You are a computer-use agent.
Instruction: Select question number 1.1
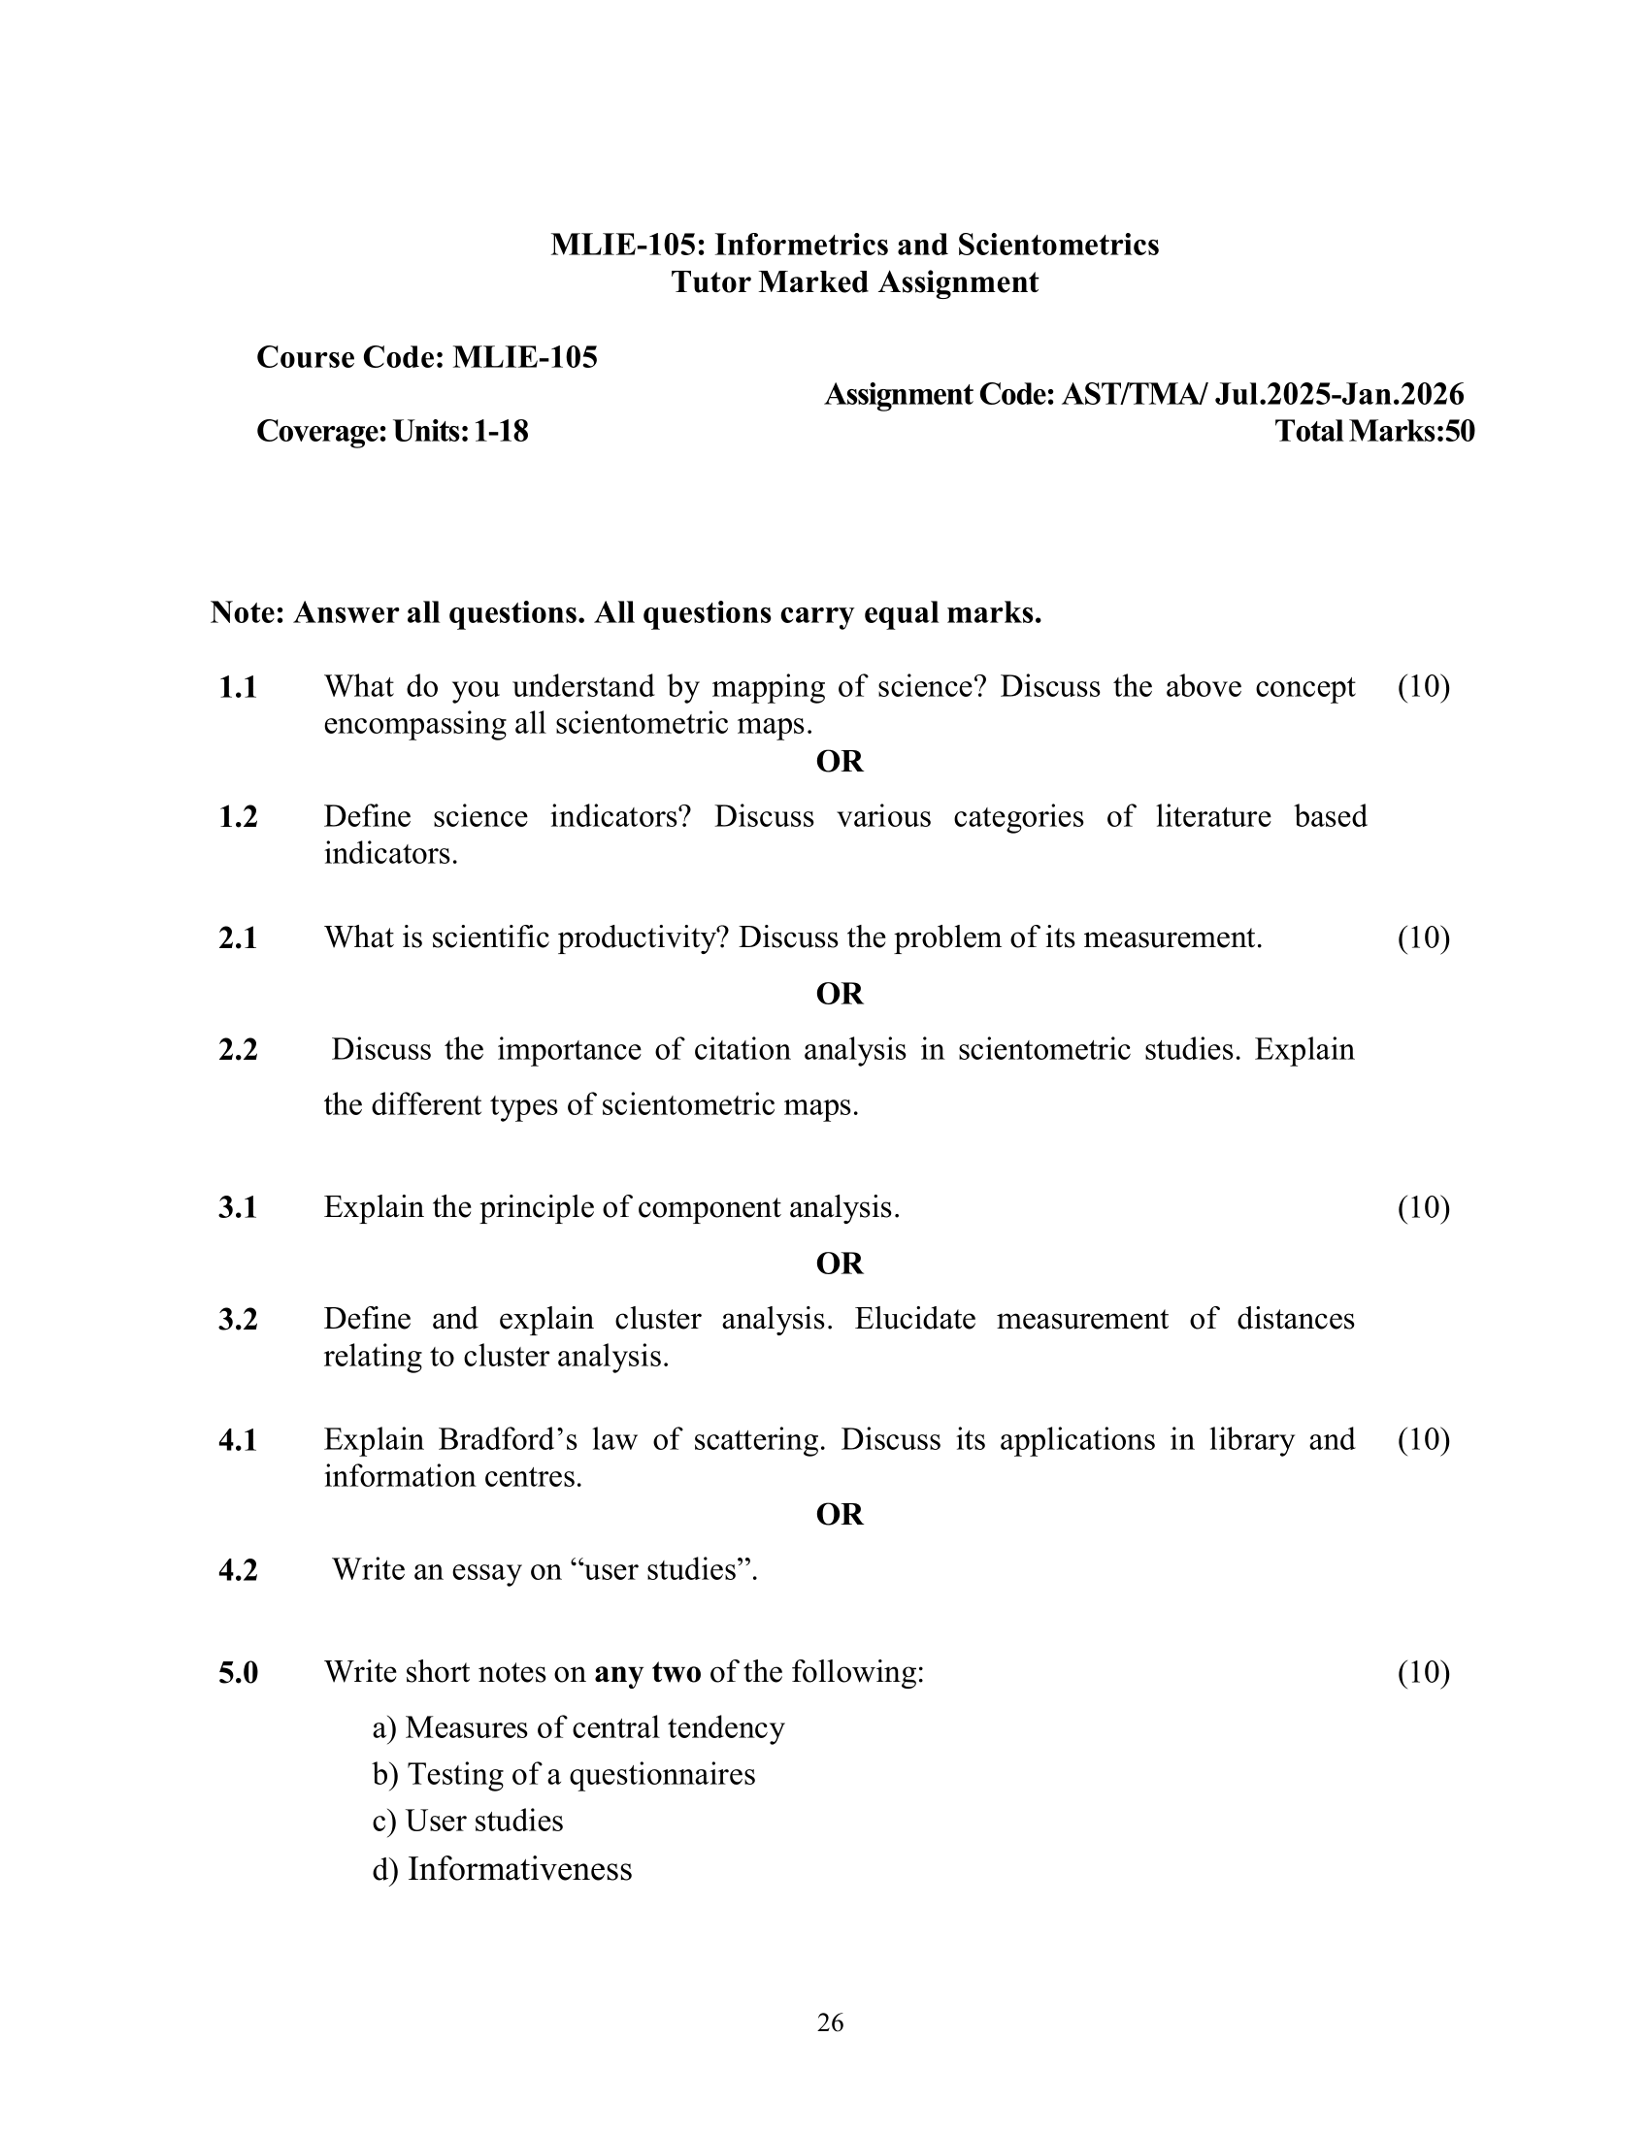[x=238, y=688]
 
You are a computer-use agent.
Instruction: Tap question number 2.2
[x=238, y=1050]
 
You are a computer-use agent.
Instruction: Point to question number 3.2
[x=238, y=1320]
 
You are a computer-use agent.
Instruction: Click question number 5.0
[x=238, y=1673]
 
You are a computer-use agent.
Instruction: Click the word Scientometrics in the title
[x=1058, y=245]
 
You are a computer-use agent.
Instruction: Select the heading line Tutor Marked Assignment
[x=854, y=282]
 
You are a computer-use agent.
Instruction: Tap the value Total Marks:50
[x=1374, y=431]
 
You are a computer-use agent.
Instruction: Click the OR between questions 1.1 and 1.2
[x=840, y=762]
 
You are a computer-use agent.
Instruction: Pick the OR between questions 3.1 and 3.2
[x=840, y=1264]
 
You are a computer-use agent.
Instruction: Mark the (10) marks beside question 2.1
[x=1423, y=938]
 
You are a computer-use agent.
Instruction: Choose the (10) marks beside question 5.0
[x=1423, y=1673]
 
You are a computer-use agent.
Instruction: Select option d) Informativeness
[x=503, y=1869]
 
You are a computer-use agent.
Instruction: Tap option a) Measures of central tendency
[x=578, y=1727]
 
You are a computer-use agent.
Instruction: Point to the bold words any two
[x=647, y=1673]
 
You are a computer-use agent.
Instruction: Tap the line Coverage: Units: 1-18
[x=392, y=431]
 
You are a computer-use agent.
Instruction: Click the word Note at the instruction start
[x=247, y=613]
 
